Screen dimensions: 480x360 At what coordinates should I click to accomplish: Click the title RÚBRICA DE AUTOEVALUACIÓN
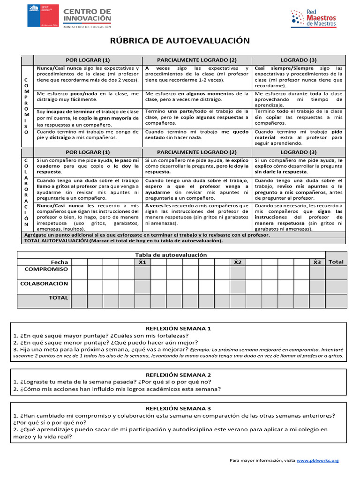180,41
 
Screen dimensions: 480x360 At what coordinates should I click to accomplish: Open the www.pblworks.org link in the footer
317,460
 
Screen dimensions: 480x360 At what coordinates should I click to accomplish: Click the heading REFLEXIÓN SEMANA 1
179,329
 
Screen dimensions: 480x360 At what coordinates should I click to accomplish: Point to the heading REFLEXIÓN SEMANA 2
179,375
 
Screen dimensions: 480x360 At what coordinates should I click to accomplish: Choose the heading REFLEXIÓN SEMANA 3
179,408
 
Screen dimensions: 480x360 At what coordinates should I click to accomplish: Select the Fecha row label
59,262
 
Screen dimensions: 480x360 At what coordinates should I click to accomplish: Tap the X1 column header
142,262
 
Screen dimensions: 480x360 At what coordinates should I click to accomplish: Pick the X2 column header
238,262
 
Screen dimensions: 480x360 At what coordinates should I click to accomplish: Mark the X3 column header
317,262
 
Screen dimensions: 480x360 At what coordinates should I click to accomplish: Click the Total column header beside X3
336,262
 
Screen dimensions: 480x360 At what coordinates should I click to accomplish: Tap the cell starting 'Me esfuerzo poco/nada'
88,97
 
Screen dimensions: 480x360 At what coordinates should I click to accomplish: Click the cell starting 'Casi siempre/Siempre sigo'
299,77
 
